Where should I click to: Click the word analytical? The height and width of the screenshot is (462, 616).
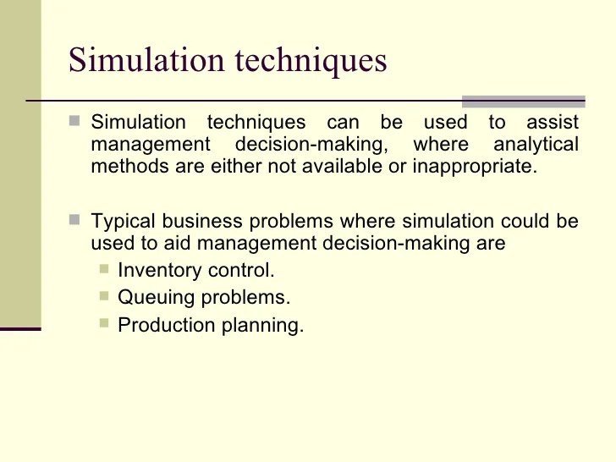pyautogui.click(x=536, y=144)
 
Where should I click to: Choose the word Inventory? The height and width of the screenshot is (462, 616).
pyautogui.click(x=159, y=271)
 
